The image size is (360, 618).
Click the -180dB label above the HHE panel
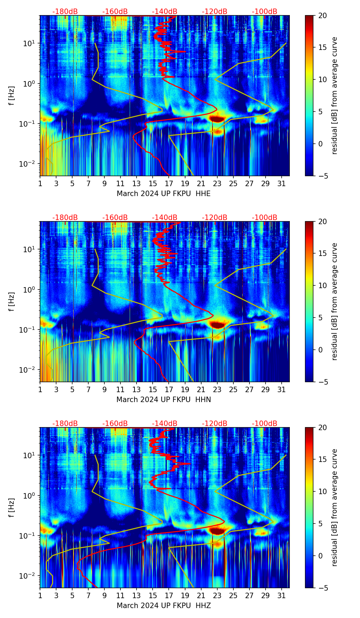click(x=65, y=12)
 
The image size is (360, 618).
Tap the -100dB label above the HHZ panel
click(x=265, y=424)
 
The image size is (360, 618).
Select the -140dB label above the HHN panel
click(x=165, y=218)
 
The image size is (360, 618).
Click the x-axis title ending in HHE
click(x=164, y=194)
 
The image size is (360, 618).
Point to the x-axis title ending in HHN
click(x=164, y=400)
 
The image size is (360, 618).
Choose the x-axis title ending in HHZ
click(x=164, y=606)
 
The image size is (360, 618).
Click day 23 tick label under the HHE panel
click(x=217, y=183)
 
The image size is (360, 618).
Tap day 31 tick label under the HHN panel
click(x=282, y=389)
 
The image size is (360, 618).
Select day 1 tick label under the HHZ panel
click(x=40, y=595)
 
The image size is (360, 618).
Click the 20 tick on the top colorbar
click(x=323, y=15)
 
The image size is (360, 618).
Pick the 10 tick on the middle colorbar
click(x=323, y=285)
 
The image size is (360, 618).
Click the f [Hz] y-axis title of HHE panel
click(x=12, y=96)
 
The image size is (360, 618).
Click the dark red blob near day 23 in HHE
click(x=217, y=119)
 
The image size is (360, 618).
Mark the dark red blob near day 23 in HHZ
click(x=217, y=531)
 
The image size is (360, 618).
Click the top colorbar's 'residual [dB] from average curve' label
click(x=334, y=96)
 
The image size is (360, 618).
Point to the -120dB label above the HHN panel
click(x=215, y=218)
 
